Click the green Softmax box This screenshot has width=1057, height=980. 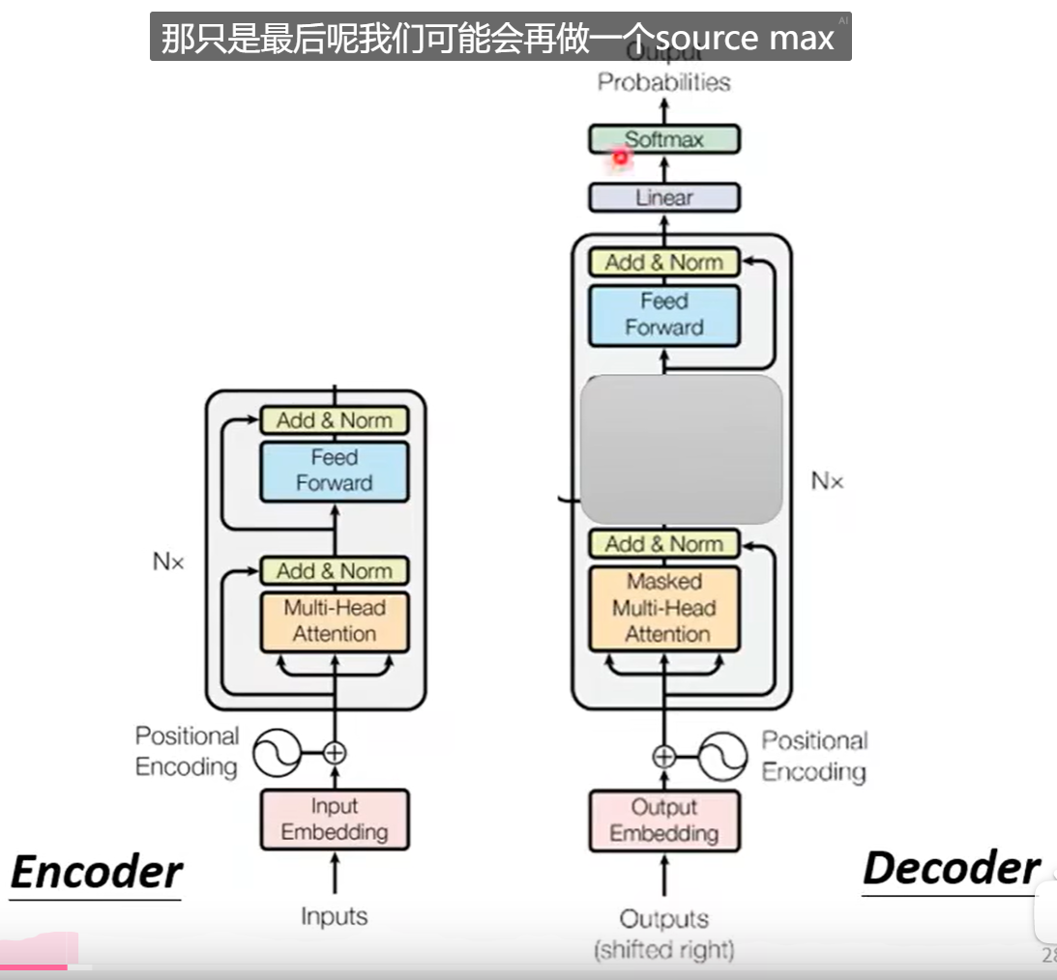click(664, 139)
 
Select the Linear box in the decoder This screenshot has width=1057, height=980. click(664, 197)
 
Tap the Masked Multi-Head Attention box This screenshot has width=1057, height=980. click(664, 608)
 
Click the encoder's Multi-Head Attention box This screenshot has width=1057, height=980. click(335, 621)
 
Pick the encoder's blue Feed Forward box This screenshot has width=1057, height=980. click(335, 471)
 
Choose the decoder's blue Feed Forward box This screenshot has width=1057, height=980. click(664, 314)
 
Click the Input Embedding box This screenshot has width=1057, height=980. click(335, 820)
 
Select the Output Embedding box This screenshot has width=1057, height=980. click(664, 821)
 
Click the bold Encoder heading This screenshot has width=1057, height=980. click(96, 872)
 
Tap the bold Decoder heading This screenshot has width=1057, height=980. click(951, 868)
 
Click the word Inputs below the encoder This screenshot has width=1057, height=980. click(335, 915)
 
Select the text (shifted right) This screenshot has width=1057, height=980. click(664, 950)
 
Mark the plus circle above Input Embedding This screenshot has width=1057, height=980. click(335, 752)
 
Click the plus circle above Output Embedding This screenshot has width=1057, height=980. click(664, 756)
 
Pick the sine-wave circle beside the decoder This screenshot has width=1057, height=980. click(722, 756)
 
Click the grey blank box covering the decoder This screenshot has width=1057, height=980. click(681, 449)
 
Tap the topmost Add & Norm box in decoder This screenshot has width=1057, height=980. click(664, 262)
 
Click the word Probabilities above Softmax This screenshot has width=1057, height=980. click(663, 82)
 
